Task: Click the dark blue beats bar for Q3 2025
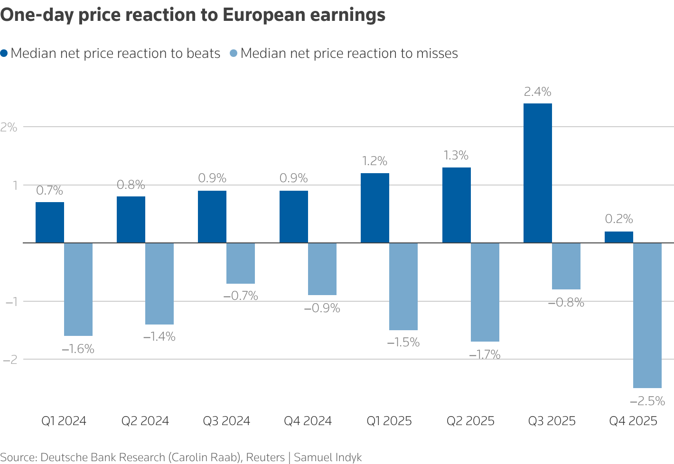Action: (537, 173)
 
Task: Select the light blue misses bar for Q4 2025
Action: (647, 316)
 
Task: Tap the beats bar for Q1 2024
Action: (50, 223)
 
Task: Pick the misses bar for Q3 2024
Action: (240, 263)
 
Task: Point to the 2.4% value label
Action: (537, 92)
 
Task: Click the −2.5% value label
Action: (647, 401)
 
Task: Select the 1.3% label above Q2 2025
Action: (456, 156)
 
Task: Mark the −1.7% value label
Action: (485, 354)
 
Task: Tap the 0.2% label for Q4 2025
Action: (619, 219)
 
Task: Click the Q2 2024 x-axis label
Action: (145, 421)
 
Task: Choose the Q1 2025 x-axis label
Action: (389, 421)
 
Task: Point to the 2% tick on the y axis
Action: (9, 127)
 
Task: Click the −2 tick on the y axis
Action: (9, 360)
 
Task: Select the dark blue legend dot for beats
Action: (4, 54)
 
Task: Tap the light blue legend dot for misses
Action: (234, 54)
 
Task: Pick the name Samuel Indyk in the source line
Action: (328, 457)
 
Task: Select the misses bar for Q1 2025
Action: (403, 287)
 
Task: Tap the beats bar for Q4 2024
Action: (293, 217)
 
